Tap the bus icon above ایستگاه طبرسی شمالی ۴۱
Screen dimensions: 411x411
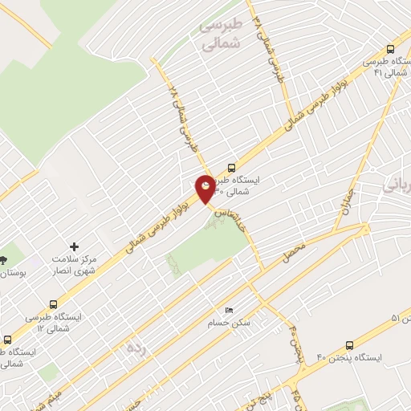(390, 48)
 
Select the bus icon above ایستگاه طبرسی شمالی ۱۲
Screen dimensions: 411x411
(53, 305)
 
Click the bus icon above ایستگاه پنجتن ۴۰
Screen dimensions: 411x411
(349, 344)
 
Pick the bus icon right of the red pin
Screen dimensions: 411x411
(231, 169)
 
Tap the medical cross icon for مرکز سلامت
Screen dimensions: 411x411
(75, 246)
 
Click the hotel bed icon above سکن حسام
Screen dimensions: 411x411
(230, 310)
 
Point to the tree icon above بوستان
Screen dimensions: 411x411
(4, 259)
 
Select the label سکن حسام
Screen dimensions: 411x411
(231, 323)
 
